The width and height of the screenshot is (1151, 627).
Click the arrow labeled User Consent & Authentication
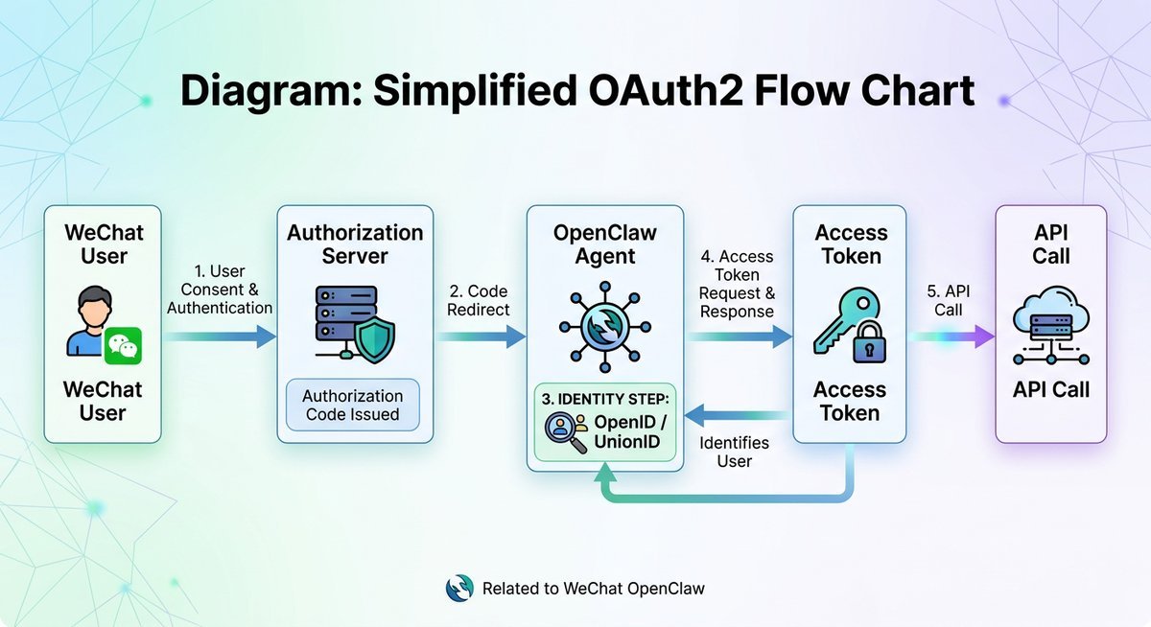219,337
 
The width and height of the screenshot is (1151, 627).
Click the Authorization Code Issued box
352,406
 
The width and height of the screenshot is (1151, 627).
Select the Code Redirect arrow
481,337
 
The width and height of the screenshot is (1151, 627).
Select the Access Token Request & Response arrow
737,337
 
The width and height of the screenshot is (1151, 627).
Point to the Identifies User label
734,452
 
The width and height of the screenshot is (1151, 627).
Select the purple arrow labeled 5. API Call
950,337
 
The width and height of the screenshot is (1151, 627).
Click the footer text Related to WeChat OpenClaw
593,588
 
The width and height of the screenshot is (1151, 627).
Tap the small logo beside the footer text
460,588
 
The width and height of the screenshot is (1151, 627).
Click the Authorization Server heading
355,244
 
